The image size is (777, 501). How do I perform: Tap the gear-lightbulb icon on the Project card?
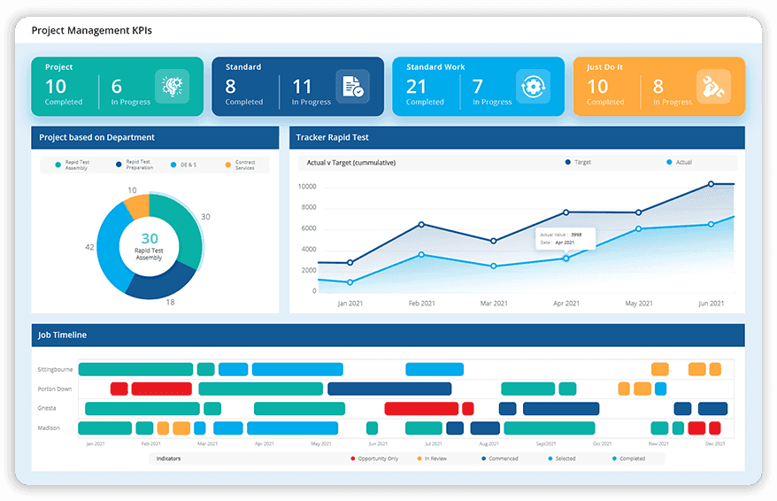pyautogui.click(x=172, y=87)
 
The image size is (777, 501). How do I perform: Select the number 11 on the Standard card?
pyautogui.click(x=302, y=86)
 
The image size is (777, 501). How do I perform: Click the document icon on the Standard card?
pyautogui.click(x=352, y=87)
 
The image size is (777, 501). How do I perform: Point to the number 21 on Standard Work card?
pyautogui.click(x=416, y=86)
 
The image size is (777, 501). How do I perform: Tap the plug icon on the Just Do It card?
pyautogui.click(x=713, y=87)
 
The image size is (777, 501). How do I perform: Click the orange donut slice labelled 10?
pyautogui.click(x=137, y=205)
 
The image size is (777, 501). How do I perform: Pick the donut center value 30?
pyautogui.click(x=150, y=238)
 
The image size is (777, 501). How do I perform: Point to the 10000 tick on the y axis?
pyautogui.click(x=307, y=187)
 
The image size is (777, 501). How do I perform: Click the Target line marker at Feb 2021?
pyautogui.click(x=421, y=224)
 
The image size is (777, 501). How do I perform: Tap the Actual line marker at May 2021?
pyautogui.click(x=638, y=229)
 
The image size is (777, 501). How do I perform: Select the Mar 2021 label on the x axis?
pyautogui.click(x=494, y=303)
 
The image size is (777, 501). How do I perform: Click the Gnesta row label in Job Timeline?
pyautogui.click(x=49, y=409)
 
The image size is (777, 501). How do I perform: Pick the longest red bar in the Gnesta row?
pyautogui.click(x=420, y=408)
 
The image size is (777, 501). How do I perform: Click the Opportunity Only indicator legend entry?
pyautogui.click(x=374, y=459)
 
